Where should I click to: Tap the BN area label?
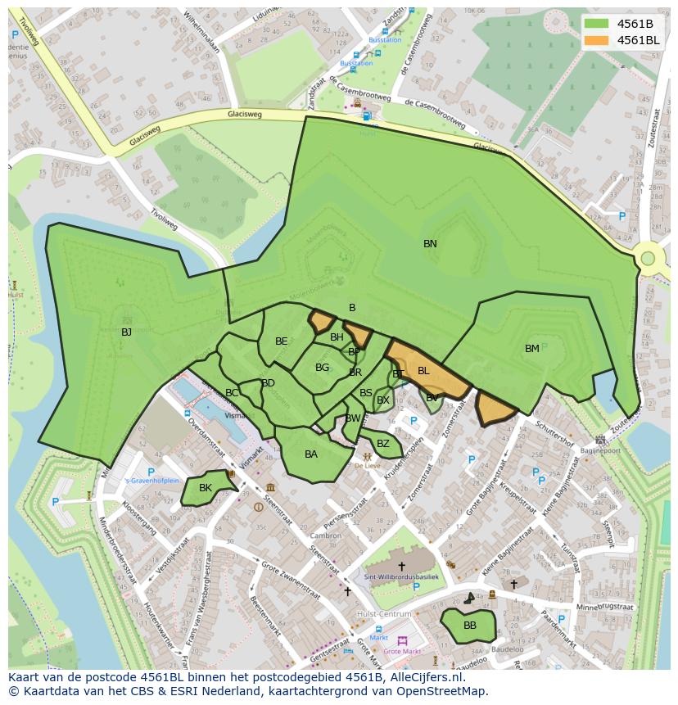[x=430, y=244]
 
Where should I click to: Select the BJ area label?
[x=126, y=332]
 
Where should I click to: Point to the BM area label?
[x=532, y=349]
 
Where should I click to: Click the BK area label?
[x=206, y=488]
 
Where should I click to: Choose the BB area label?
[x=470, y=625]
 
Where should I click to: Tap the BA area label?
[x=311, y=454]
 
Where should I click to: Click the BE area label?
[x=282, y=341]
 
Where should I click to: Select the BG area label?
[x=322, y=368]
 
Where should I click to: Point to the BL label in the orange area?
[x=423, y=371]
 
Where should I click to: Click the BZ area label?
[x=383, y=444]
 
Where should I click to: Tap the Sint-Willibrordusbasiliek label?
[x=401, y=578]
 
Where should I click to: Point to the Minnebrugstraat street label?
[x=606, y=608]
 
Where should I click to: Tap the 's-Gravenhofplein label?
[x=151, y=481]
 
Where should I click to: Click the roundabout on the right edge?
[x=648, y=259]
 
